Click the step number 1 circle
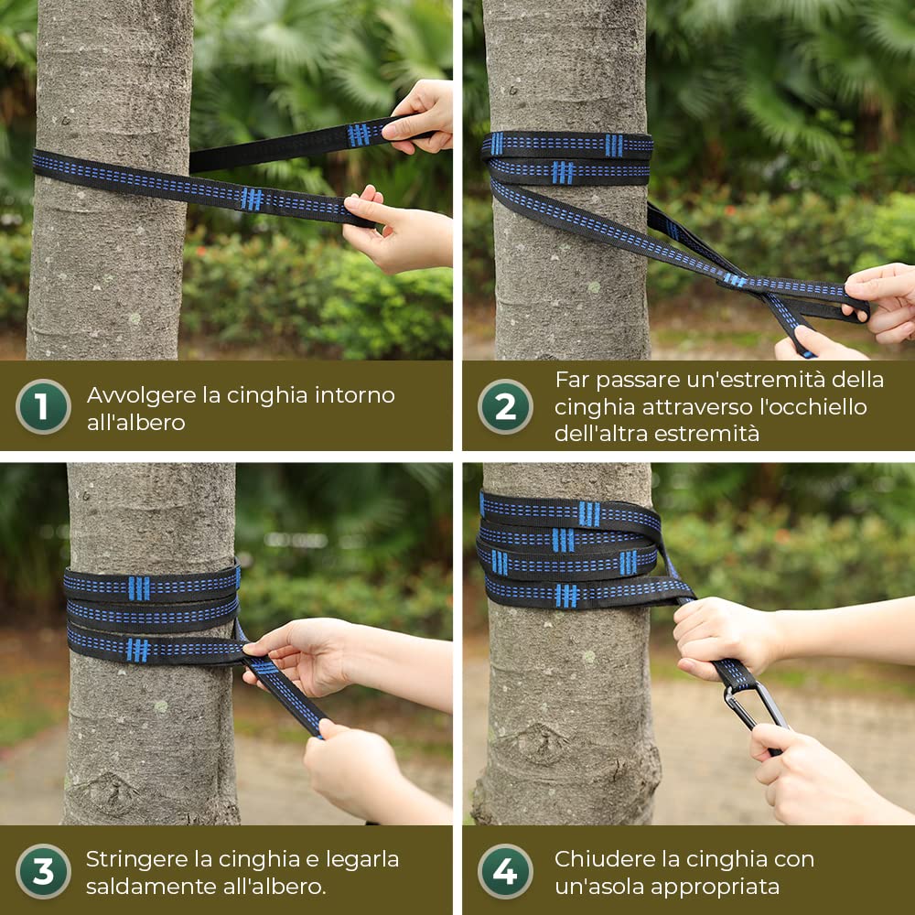43,407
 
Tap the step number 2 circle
505,407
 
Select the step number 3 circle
43,871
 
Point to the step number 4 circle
505,871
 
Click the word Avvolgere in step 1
142,396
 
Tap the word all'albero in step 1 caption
136,423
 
